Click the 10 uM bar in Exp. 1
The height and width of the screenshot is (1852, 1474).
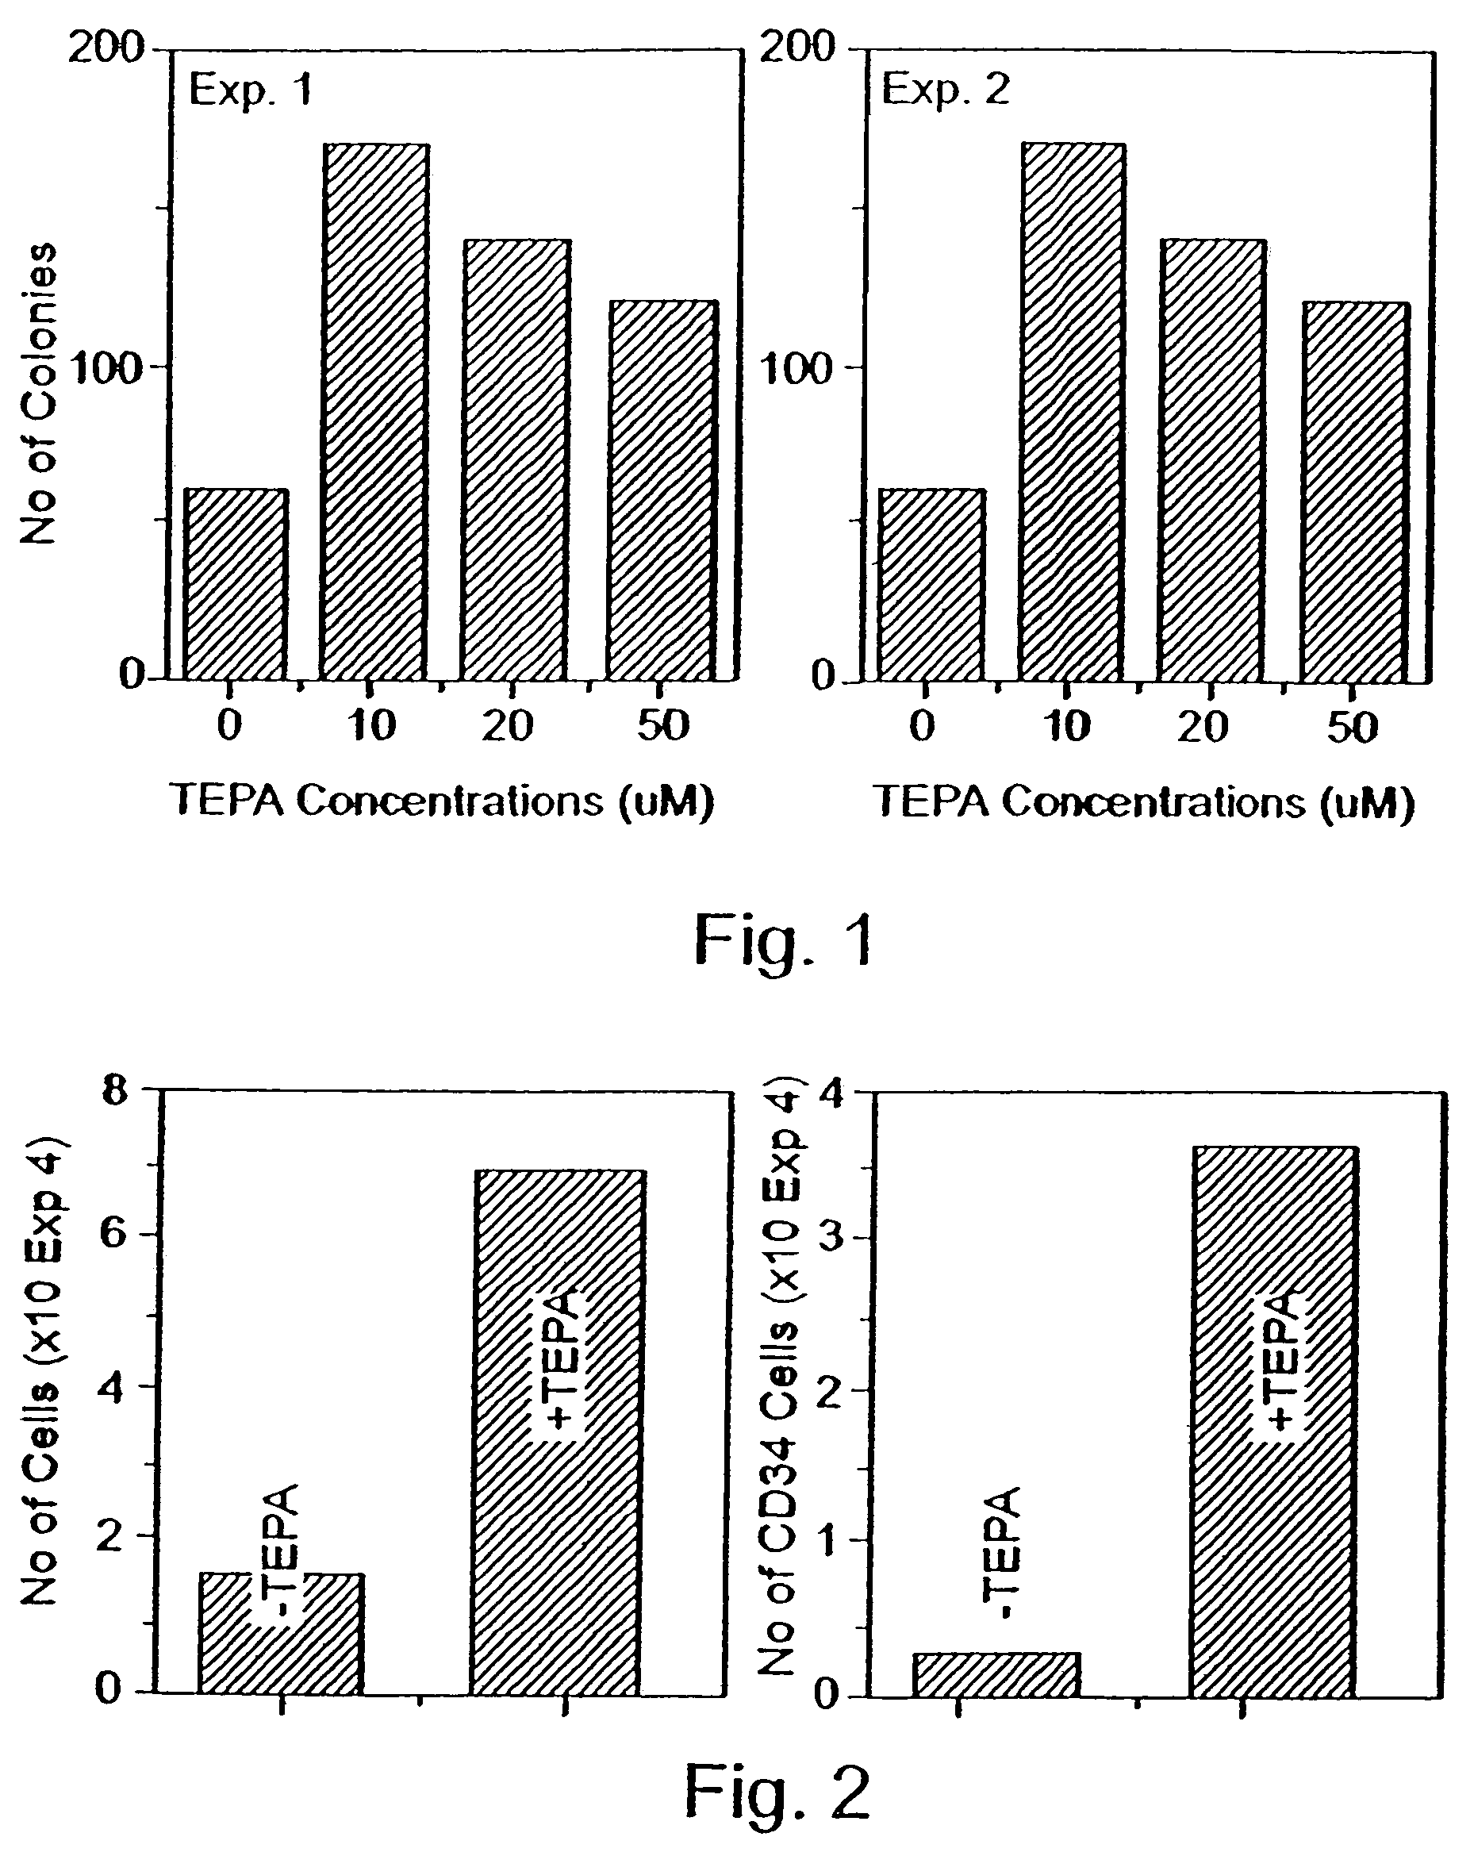374,412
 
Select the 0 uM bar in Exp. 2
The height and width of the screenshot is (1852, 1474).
932,585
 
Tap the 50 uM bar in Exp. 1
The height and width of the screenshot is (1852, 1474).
662,490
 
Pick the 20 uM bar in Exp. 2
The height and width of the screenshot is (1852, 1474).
1211,460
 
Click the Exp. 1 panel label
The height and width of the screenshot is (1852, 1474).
250,90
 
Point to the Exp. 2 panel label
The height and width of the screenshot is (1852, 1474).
946,90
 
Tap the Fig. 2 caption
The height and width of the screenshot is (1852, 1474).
777,1793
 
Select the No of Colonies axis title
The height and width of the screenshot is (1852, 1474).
39,394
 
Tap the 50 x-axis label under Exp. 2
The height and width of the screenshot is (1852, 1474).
1352,727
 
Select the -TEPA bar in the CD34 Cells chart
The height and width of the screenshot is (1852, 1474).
996,1674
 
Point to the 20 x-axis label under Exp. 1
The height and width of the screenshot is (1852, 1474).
508,726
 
